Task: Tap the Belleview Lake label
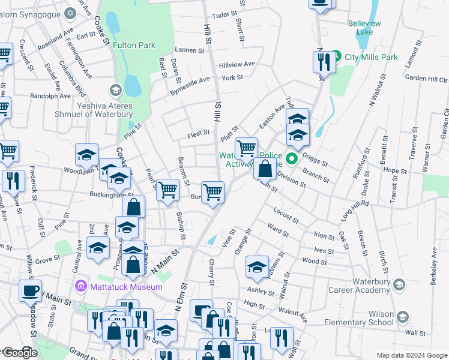coord(364,28)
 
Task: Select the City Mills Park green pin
coord(337,57)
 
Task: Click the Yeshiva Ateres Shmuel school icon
coord(115,91)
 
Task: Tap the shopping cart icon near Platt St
coord(246,148)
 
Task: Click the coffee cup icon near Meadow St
coord(30,291)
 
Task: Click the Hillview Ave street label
coord(237,64)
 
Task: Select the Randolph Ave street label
coord(50,95)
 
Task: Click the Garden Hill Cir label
coord(426,79)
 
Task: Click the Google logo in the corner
coord(19,353)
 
